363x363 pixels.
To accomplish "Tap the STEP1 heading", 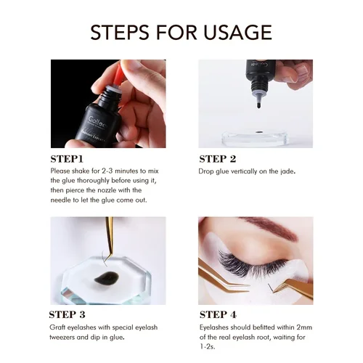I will click(67, 158).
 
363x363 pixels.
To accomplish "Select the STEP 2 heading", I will click(217, 158).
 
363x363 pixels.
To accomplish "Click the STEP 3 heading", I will click(68, 314).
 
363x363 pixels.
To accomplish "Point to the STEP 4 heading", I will click(218, 314).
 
